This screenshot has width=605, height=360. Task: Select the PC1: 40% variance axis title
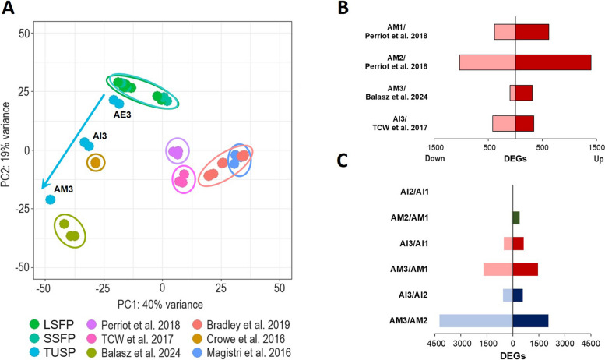tap(160, 304)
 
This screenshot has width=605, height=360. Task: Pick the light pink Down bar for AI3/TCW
tap(504, 123)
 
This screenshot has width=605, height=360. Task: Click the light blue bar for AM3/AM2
tap(476, 320)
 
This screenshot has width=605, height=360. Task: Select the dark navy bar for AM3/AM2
tap(530, 320)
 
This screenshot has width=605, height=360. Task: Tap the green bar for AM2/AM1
tap(515, 217)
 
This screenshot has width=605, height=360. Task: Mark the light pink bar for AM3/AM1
tap(498, 269)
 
